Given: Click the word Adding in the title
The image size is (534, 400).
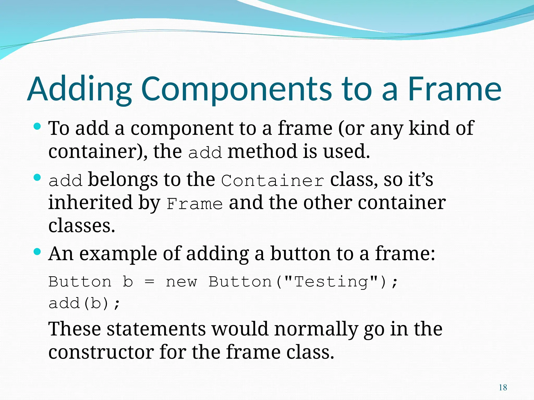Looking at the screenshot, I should pos(80,89).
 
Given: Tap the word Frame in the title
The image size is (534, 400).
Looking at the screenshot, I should pos(454,89).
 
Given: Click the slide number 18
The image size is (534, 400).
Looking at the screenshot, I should pos(503,388).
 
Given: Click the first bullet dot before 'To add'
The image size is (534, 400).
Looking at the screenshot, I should pos(37,127).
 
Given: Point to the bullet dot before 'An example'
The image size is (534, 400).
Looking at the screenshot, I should pos(37,252).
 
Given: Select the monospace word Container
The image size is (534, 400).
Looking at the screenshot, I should pos(273,180).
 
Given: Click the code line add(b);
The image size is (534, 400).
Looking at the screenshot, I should pos(84,303).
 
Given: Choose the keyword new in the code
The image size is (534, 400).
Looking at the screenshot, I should pos(181,282).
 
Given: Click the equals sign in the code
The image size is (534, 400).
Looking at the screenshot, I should pos(149,282).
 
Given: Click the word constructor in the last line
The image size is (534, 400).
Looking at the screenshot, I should pos(101,352).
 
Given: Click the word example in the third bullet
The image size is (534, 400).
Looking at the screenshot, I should pos(118,254).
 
